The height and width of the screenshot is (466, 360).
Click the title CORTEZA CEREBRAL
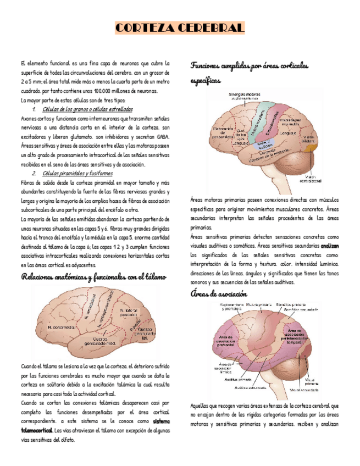(180, 28)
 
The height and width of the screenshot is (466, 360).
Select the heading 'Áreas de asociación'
(218, 294)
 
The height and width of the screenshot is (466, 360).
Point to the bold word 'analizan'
(330, 246)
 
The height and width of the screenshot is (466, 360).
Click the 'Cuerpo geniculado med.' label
(103, 341)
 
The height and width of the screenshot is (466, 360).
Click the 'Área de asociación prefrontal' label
(226, 340)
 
